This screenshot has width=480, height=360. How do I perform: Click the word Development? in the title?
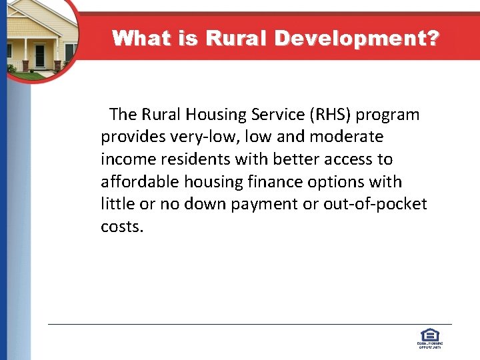pos(356,38)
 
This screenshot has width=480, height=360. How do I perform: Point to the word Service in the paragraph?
pos(279,115)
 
